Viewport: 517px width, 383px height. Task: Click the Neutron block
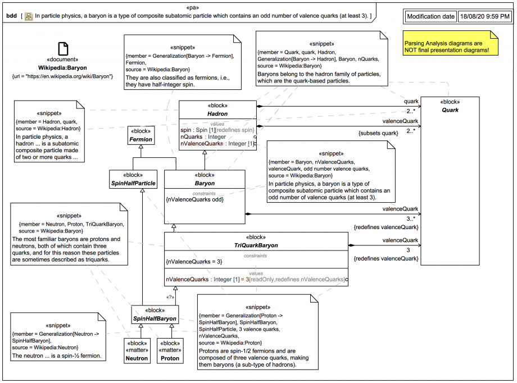coord(137,350)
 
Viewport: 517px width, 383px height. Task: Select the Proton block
coord(170,350)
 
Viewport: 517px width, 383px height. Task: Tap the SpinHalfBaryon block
coord(155,314)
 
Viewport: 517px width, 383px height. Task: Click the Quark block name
coord(450,110)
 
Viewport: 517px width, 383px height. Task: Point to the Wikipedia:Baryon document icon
coord(64,49)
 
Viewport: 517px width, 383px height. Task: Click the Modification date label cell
coord(431,16)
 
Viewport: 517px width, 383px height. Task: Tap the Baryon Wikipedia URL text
coord(62,75)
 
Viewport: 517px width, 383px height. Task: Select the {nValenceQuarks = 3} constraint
coord(194,261)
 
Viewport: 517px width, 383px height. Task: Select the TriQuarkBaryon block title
coord(256,245)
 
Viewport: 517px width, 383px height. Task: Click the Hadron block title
coord(217,113)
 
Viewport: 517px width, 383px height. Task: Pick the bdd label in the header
coord(11,16)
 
